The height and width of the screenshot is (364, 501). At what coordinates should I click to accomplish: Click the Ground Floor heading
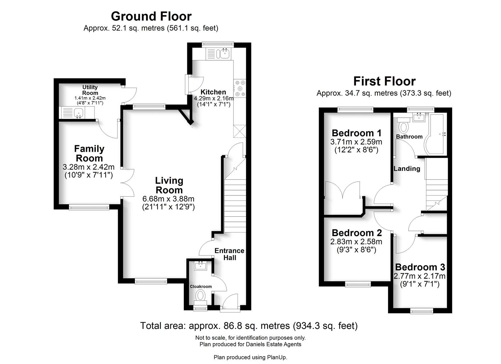click(151, 16)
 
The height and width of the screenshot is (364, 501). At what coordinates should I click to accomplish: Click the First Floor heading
click(384, 81)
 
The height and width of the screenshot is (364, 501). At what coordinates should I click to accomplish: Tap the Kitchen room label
click(213, 92)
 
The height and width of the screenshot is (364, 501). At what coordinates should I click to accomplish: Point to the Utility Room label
click(90, 90)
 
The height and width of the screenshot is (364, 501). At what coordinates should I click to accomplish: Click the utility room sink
click(79, 113)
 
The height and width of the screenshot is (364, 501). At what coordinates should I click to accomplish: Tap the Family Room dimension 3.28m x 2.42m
click(89, 167)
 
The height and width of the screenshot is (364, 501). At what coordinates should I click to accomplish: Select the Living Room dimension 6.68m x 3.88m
click(169, 199)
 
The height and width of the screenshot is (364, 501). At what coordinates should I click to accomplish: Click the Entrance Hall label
click(229, 254)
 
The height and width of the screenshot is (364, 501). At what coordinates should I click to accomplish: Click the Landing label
click(407, 169)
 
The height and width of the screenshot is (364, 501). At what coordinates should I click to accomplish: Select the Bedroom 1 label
click(357, 133)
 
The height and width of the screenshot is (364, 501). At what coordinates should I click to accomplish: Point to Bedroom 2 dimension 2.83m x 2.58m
click(356, 242)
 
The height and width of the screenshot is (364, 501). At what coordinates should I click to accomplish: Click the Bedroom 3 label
click(420, 267)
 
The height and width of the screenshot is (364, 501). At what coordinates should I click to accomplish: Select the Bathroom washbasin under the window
click(420, 117)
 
